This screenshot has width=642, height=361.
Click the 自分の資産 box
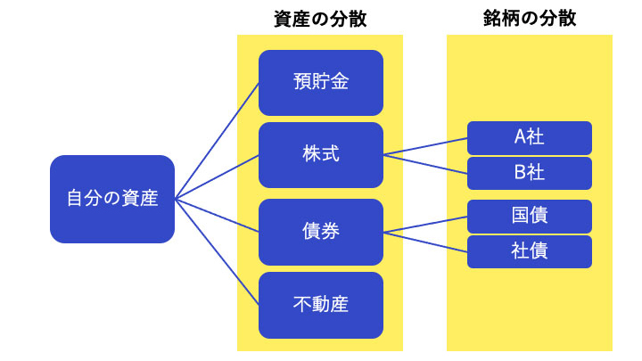click(x=112, y=199)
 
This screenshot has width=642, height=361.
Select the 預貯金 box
click(x=321, y=83)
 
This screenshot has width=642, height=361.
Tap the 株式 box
click(x=321, y=155)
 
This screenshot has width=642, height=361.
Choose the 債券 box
click(x=321, y=232)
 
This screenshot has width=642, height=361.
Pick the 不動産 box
click(x=321, y=306)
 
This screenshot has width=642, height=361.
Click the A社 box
click(x=530, y=138)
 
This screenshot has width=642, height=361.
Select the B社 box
click(x=530, y=173)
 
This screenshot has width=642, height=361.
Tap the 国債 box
click(x=530, y=217)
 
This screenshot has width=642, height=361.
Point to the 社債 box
click(x=530, y=251)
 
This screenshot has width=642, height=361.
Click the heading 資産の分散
click(x=320, y=20)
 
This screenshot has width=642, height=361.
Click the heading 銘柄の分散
click(x=530, y=19)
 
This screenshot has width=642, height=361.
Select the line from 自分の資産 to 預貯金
click(x=217, y=141)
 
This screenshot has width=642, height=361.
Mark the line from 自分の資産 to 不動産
click(x=217, y=252)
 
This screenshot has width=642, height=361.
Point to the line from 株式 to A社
click(x=425, y=146)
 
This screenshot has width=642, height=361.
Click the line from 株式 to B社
click(x=425, y=164)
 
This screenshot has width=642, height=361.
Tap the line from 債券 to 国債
click(x=425, y=225)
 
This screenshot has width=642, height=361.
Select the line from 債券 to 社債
click(x=425, y=242)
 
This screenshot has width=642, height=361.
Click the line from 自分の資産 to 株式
click(x=217, y=177)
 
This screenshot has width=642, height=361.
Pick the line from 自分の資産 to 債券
click(x=217, y=216)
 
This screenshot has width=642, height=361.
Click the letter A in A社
click(x=520, y=136)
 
